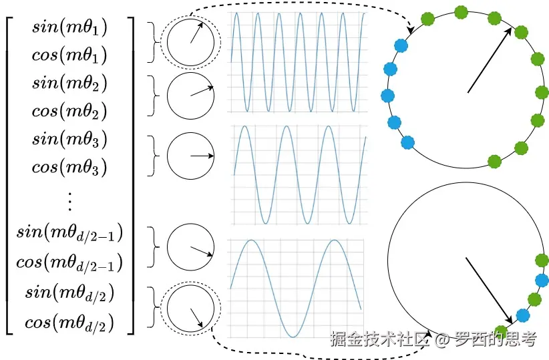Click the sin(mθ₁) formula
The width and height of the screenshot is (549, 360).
(x=69, y=28)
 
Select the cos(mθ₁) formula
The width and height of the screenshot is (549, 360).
(x=69, y=55)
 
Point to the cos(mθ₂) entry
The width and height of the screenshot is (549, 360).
(x=69, y=110)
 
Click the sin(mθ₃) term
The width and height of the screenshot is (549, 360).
(x=69, y=140)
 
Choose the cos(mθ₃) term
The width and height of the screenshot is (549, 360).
(x=69, y=166)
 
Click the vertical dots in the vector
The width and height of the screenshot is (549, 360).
(x=69, y=198)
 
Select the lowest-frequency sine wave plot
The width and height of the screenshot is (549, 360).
(x=296, y=288)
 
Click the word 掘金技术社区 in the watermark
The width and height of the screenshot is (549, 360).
(x=379, y=339)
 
